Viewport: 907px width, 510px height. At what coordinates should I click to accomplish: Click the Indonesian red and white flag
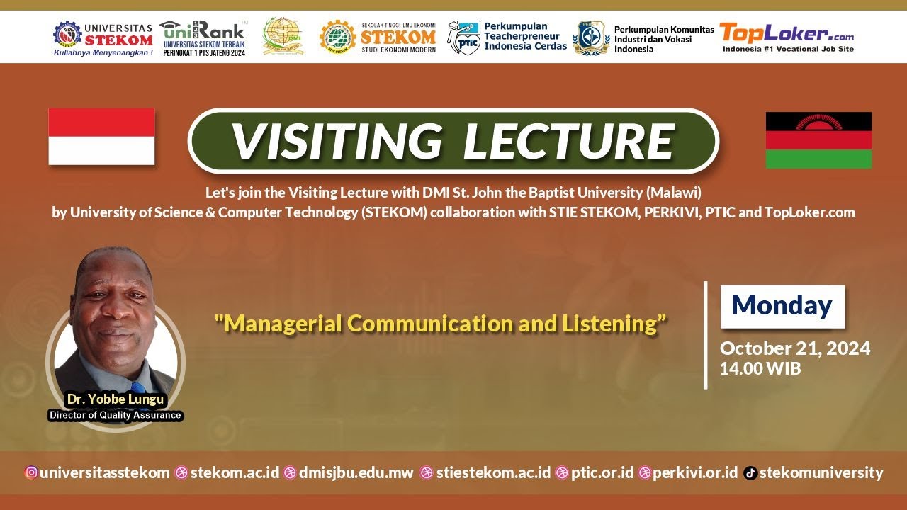pos(101,137)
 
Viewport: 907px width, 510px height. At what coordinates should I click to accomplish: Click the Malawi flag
pos(818,140)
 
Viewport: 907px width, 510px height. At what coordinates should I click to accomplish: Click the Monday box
pos(782,306)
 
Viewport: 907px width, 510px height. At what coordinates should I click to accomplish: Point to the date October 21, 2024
pos(795,348)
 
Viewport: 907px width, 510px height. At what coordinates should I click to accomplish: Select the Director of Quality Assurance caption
pos(116,416)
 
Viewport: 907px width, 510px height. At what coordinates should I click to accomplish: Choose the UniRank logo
pos(203,37)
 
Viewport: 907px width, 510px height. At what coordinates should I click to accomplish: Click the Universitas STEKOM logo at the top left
pos(103,37)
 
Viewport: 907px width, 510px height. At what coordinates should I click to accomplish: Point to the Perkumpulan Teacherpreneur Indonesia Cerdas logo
pos(507,37)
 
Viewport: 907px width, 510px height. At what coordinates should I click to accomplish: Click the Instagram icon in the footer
pos(31,473)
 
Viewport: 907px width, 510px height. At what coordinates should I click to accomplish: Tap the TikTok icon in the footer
pos(750,473)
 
